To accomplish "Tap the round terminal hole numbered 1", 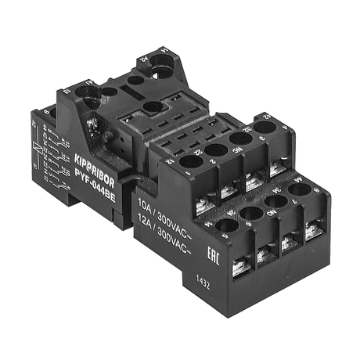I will (190, 162).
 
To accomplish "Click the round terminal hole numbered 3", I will (240, 138).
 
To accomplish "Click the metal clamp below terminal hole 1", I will (203, 205).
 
